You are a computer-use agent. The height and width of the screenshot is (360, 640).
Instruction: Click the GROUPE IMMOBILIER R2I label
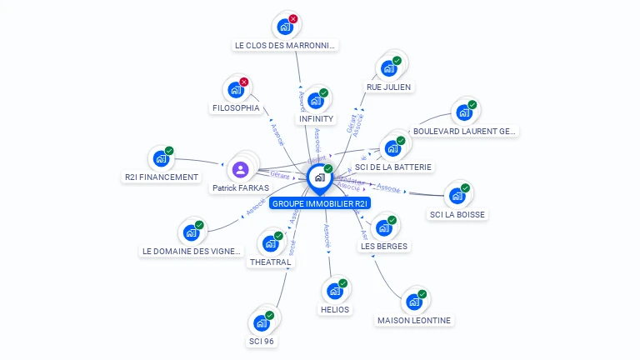point(320,203)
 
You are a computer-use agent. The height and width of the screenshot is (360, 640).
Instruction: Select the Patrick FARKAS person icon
point(241,170)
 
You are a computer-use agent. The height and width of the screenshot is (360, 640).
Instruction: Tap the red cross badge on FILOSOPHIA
point(243,82)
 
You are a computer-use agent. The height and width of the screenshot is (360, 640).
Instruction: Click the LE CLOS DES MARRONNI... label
point(286,45)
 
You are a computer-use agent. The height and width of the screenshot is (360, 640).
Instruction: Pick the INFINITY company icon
point(315,101)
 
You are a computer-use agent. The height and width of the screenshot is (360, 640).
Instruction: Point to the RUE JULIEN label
point(388,87)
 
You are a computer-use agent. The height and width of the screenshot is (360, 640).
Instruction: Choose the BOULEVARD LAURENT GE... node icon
point(463,112)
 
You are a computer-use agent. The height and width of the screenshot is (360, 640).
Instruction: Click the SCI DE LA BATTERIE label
point(393,167)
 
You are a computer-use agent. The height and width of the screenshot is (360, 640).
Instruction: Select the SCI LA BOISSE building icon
point(457,196)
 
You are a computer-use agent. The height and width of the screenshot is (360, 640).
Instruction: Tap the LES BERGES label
point(384,246)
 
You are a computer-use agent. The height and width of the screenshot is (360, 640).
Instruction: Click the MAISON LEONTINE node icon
point(413,302)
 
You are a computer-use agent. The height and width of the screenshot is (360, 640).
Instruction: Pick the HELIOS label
point(335,309)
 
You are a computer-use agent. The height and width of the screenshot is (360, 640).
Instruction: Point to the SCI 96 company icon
point(261,322)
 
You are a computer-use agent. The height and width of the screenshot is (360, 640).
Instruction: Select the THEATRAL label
point(271,262)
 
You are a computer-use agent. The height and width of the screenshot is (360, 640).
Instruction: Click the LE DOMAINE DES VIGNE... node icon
point(191,232)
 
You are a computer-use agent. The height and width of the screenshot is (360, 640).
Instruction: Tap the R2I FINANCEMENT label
point(162,177)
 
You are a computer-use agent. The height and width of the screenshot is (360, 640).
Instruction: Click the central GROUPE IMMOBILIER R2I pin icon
point(319,177)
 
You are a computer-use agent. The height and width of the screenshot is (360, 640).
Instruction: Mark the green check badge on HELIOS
point(342,283)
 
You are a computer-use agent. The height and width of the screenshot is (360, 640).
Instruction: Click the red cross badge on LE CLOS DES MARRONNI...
point(292,18)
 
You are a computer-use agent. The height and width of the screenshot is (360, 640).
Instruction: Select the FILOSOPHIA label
point(236,107)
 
